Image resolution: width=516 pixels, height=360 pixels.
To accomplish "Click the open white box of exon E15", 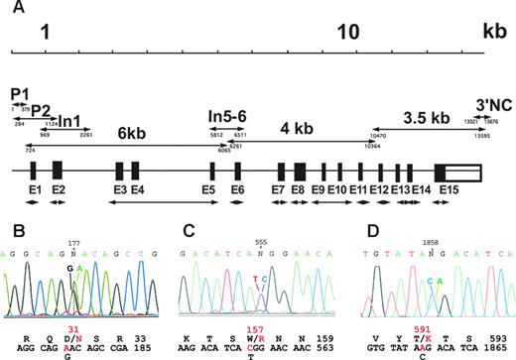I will point(465,170).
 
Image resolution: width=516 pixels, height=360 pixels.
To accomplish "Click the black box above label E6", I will point(238,170).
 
